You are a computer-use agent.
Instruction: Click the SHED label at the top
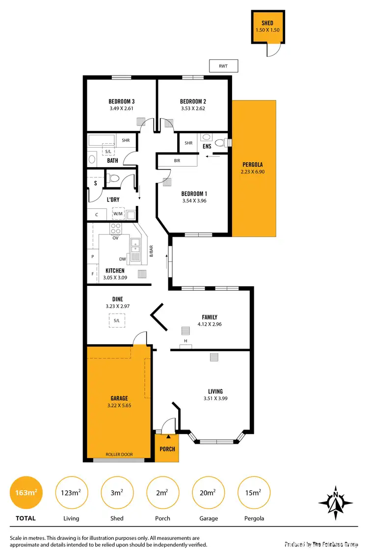pos(267,23)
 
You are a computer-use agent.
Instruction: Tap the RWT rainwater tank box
pos(223,66)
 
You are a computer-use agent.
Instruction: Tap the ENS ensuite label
pos(207,146)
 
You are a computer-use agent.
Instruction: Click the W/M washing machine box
pos(118,214)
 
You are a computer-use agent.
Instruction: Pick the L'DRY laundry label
pos(113,200)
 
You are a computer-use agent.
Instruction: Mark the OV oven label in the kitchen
pos(116,238)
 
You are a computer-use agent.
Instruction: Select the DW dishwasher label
pos(123,260)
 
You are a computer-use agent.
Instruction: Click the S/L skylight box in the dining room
pos(116,321)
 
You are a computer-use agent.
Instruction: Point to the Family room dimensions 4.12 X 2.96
pos(210,324)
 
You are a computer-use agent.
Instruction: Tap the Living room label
pos(215,391)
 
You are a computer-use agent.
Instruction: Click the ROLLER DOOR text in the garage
pos(119,455)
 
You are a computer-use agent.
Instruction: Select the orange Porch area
pos(166,448)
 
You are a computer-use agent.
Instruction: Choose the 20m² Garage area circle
pos(208,493)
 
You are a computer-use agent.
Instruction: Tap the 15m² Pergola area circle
pos(254,493)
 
